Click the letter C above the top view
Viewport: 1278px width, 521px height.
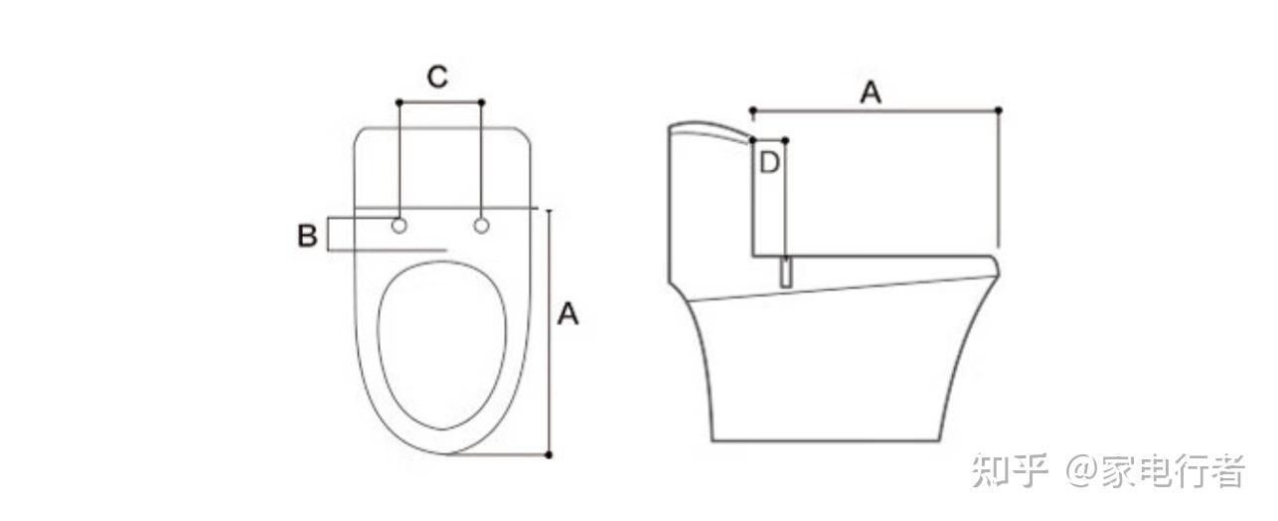437,77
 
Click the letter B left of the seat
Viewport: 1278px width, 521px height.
307,235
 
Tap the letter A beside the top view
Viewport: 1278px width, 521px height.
567,314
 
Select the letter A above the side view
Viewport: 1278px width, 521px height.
871,92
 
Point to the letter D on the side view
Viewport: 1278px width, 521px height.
769,163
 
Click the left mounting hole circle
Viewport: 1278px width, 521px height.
399,226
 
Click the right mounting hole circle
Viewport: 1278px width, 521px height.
482,226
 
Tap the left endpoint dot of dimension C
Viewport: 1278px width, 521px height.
399,102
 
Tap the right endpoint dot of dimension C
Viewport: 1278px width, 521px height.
482,102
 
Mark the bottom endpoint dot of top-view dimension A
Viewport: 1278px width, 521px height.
549,454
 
